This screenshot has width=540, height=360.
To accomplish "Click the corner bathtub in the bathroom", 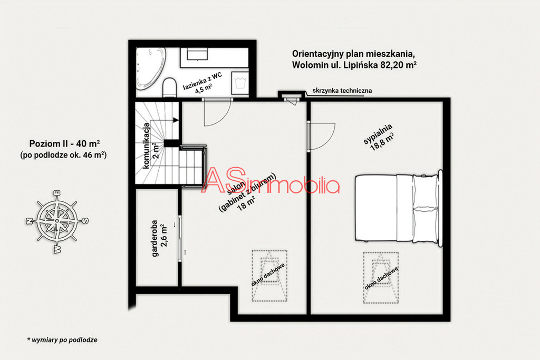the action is pyautogui.click(x=150, y=68).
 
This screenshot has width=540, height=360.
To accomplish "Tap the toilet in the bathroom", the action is pyautogui.click(x=169, y=88).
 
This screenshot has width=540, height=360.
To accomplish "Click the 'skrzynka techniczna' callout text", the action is pyautogui.click(x=342, y=91).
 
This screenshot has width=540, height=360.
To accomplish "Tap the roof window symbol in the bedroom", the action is pyautogui.click(x=381, y=278).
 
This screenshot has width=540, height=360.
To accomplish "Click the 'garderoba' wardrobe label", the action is pyautogui.click(x=155, y=239).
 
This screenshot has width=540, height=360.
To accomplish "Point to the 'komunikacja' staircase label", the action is pyautogui.click(x=147, y=145).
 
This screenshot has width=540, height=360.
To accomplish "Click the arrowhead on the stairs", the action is pyautogui.click(x=176, y=120).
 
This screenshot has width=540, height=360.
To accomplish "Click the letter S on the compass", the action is pyautogui.click(x=85, y=221).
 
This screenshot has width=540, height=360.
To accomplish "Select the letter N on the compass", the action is pyautogui.click(x=30, y=221).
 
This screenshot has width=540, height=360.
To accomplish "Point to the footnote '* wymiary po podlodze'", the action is pyautogui.click(x=62, y=340).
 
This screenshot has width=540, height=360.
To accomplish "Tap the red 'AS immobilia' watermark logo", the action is pyautogui.click(x=271, y=181).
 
